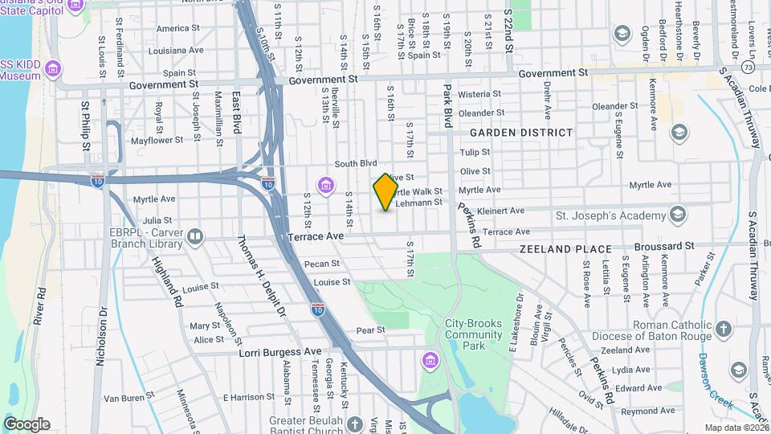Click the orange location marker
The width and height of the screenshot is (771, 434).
385,191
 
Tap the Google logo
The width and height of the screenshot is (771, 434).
27,424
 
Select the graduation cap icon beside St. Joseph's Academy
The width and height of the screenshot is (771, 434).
678,214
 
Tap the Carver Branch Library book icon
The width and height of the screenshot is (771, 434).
195,236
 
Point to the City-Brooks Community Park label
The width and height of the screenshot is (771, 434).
474,334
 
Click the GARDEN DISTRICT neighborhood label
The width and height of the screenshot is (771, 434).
521,132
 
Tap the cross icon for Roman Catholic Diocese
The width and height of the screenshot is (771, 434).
723,330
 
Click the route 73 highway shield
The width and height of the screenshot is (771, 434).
747,67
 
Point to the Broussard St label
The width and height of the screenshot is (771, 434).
663,245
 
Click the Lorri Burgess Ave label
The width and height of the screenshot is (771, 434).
279,352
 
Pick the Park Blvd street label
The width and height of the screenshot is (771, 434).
448,105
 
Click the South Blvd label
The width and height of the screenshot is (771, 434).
356,162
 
